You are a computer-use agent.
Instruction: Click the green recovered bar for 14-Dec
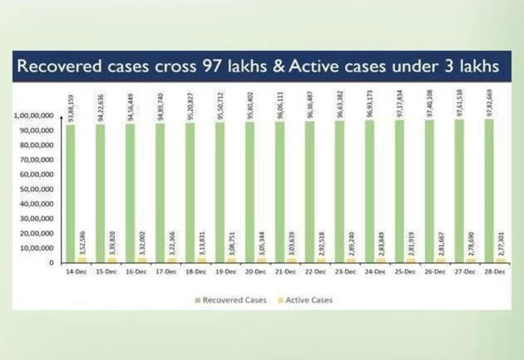[x=70, y=193]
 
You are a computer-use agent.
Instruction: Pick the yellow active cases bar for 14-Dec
[x=81, y=260]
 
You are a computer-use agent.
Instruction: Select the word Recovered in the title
[x=56, y=67]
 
